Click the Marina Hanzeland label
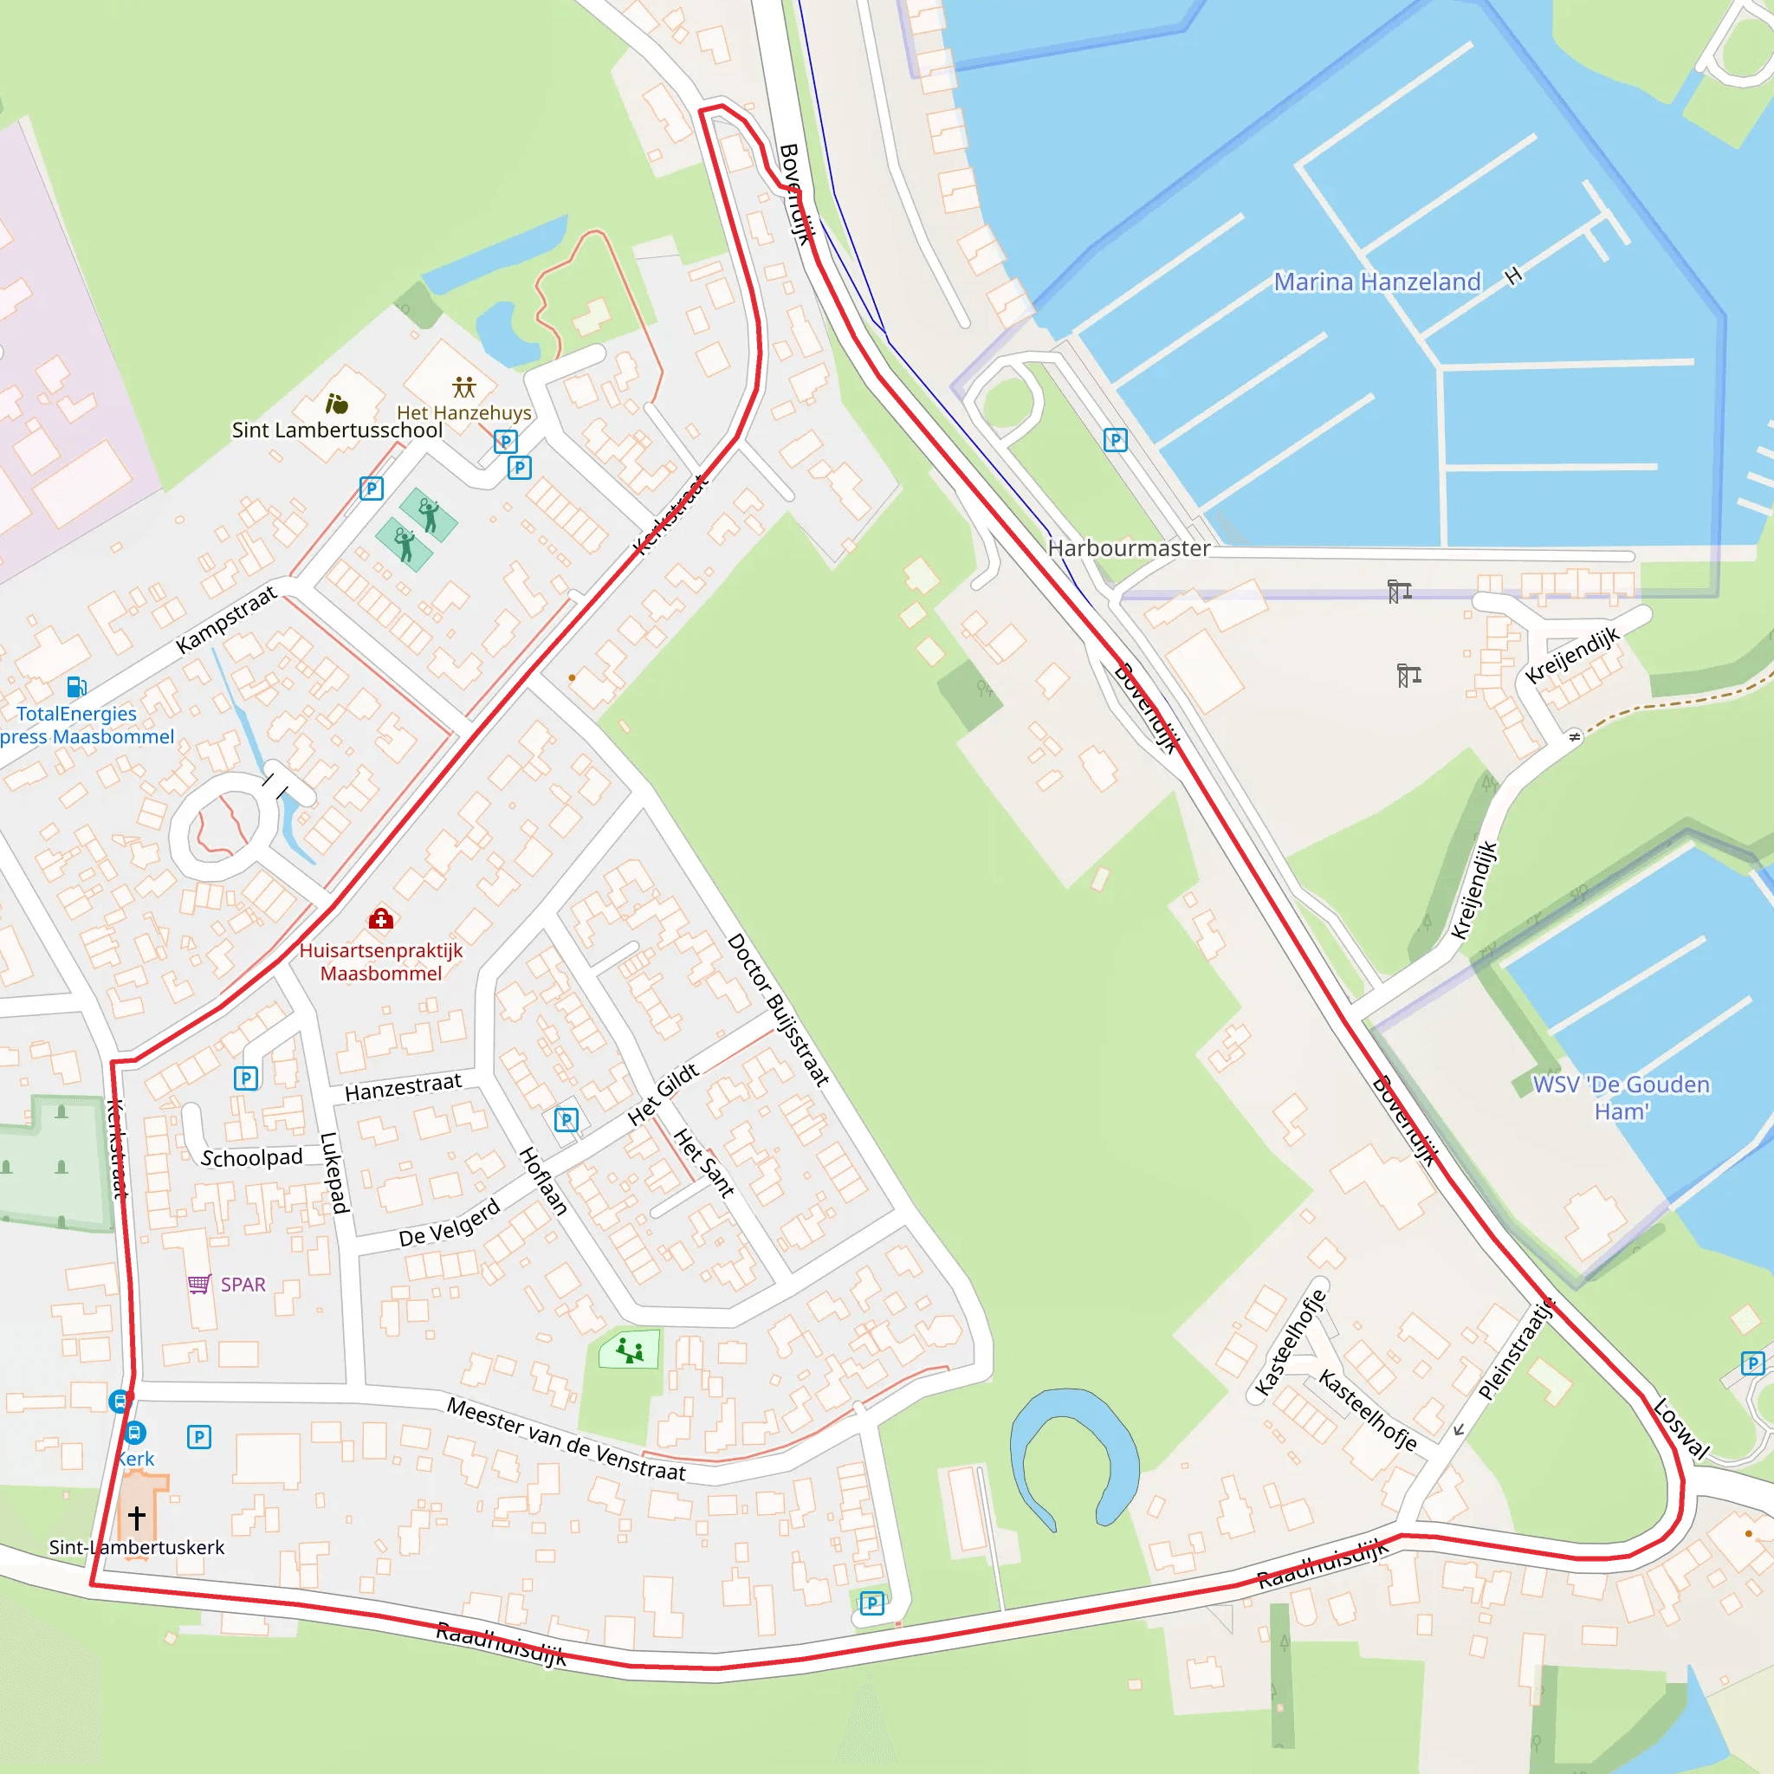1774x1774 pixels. pyautogui.click(x=1376, y=282)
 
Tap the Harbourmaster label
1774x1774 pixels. pyautogui.click(x=1129, y=548)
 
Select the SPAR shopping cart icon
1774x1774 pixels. pyautogui.click(x=199, y=1284)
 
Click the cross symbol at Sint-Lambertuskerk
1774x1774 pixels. pyautogui.click(x=137, y=1517)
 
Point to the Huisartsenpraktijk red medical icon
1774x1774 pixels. pyautogui.click(x=381, y=918)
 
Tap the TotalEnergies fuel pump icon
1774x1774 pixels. pyautogui.click(x=77, y=686)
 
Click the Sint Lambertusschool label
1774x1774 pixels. pyautogui.click(x=337, y=430)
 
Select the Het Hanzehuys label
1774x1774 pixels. pyautogui.click(x=463, y=412)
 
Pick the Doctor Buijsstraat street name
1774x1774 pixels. pyautogui.click(x=778, y=1009)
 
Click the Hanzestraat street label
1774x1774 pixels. pyautogui.click(x=403, y=1087)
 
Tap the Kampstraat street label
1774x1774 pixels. pyautogui.click(x=226, y=620)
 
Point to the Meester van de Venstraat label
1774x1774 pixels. pyautogui.click(x=566, y=1438)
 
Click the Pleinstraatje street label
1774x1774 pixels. pyautogui.click(x=1516, y=1349)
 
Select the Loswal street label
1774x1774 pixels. pyautogui.click(x=1680, y=1428)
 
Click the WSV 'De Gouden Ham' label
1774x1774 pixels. pyautogui.click(x=1621, y=1097)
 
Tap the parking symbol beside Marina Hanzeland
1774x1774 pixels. pyautogui.click(x=1115, y=440)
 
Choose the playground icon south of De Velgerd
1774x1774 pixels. pyautogui.click(x=630, y=1350)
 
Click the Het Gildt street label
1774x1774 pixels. pyautogui.click(x=663, y=1095)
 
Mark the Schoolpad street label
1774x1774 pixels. pyautogui.click(x=251, y=1158)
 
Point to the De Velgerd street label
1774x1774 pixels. pyautogui.click(x=449, y=1224)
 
